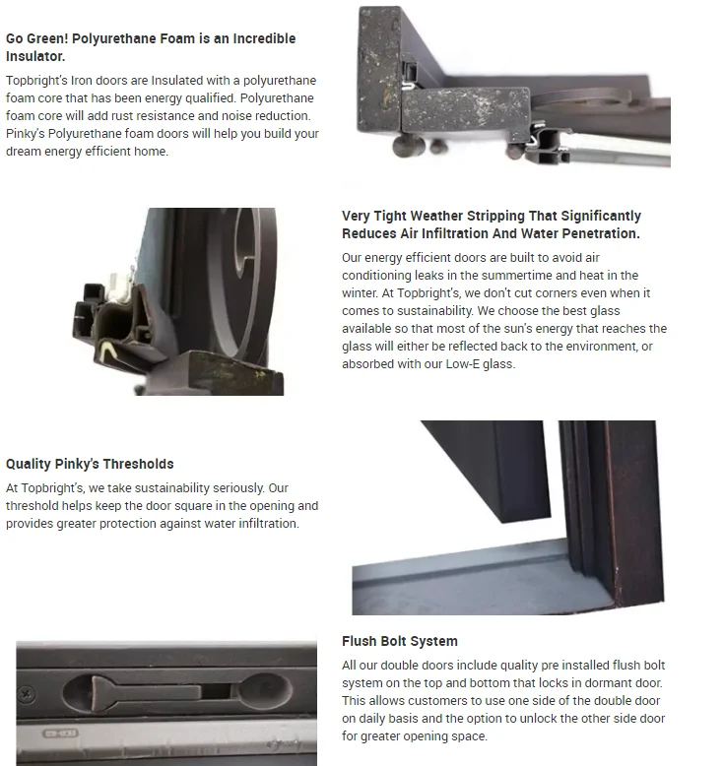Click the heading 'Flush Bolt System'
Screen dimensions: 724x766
click(x=399, y=641)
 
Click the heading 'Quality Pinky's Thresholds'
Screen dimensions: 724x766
click(x=90, y=464)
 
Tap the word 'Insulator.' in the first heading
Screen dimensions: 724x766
click(x=35, y=56)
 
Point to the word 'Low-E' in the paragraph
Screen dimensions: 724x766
click(x=462, y=364)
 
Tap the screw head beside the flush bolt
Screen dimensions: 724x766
click(x=26, y=694)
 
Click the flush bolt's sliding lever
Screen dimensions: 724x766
click(x=147, y=692)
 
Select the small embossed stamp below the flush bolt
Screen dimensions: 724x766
click(x=60, y=734)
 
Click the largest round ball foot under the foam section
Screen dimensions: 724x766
click(x=408, y=146)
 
